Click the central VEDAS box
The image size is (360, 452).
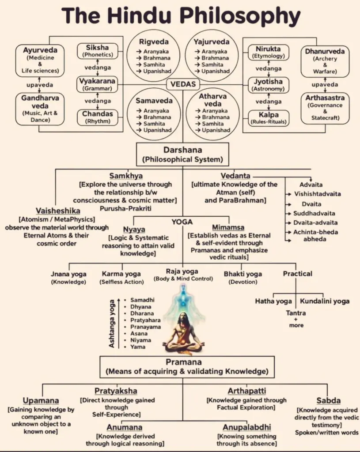coord(182,84)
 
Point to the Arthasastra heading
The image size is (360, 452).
coord(325,97)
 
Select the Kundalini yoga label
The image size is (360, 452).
coord(325,301)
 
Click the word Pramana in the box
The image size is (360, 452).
coord(182,362)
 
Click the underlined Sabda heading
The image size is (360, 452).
coord(328,400)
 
